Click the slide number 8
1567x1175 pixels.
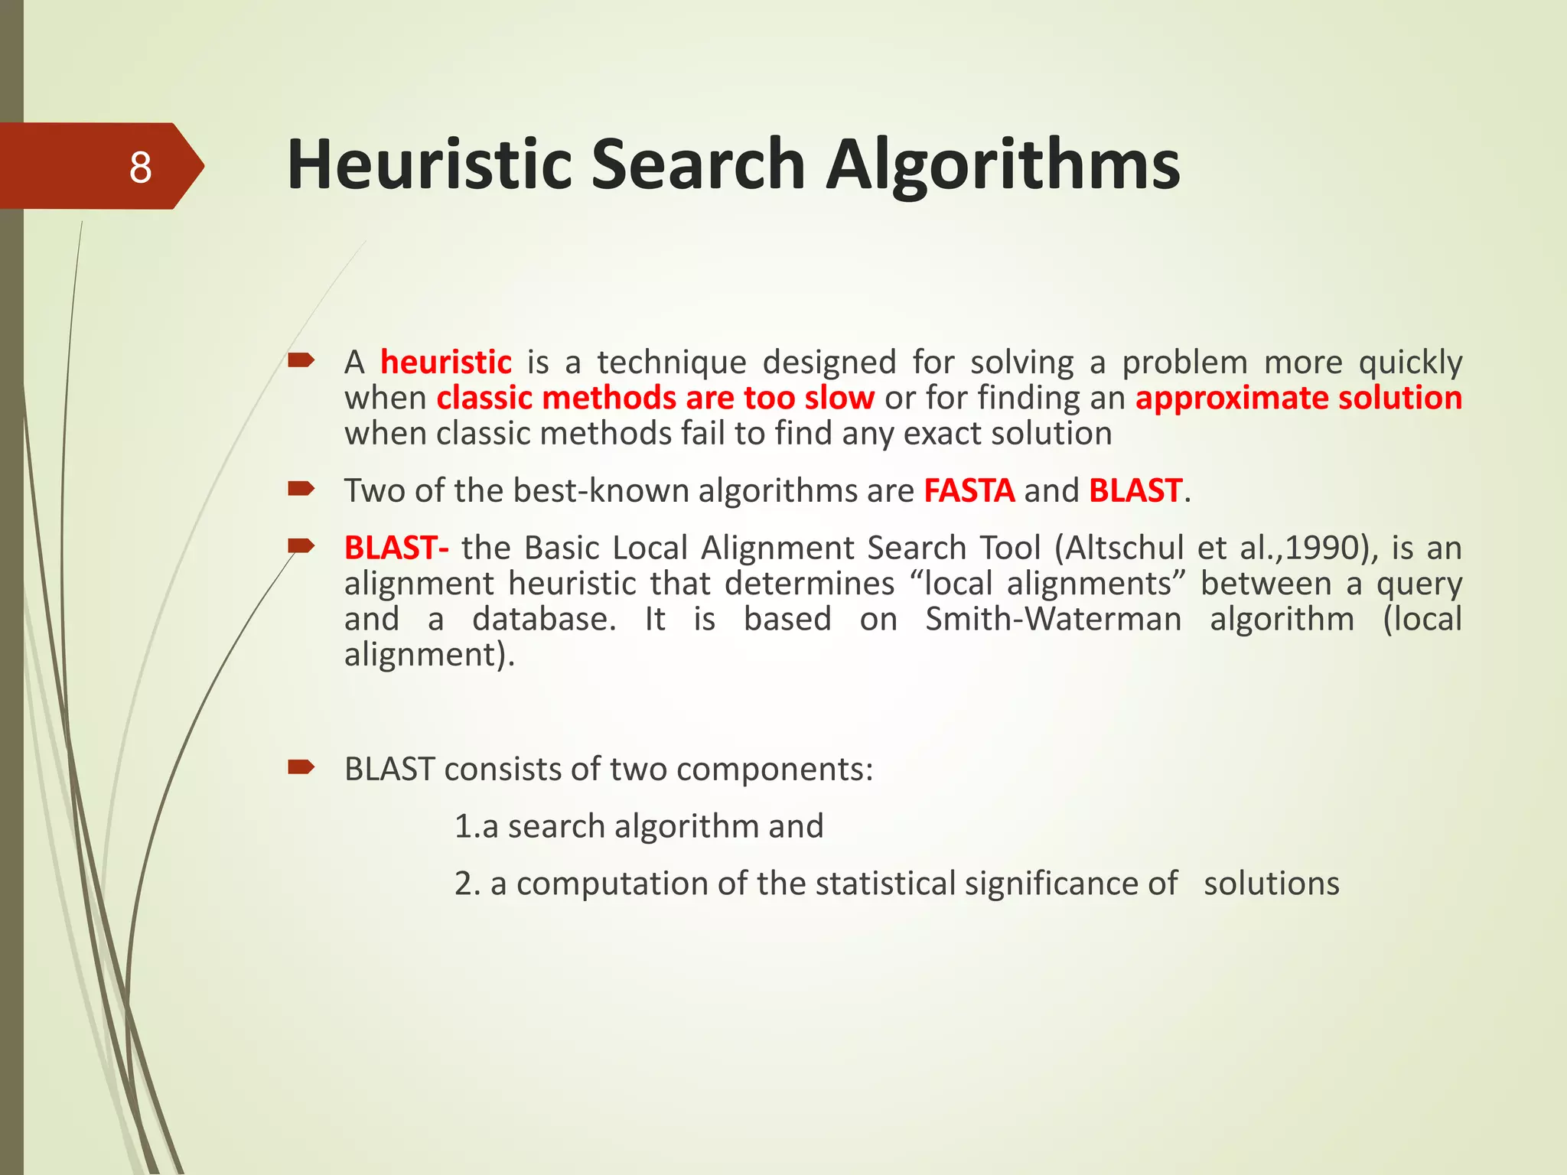click(x=140, y=167)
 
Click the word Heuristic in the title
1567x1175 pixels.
click(x=429, y=164)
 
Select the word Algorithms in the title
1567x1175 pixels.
click(x=1003, y=164)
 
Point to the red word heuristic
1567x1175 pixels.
click(x=446, y=362)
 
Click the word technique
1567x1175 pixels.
click(x=671, y=362)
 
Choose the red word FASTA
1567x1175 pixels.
click(x=969, y=490)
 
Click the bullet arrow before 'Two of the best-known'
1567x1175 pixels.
click(x=301, y=488)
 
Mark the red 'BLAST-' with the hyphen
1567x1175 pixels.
click(x=396, y=548)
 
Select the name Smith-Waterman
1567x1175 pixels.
click(x=1053, y=619)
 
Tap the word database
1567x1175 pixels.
click(x=543, y=619)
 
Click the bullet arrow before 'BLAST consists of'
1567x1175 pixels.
click(x=301, y=767)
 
